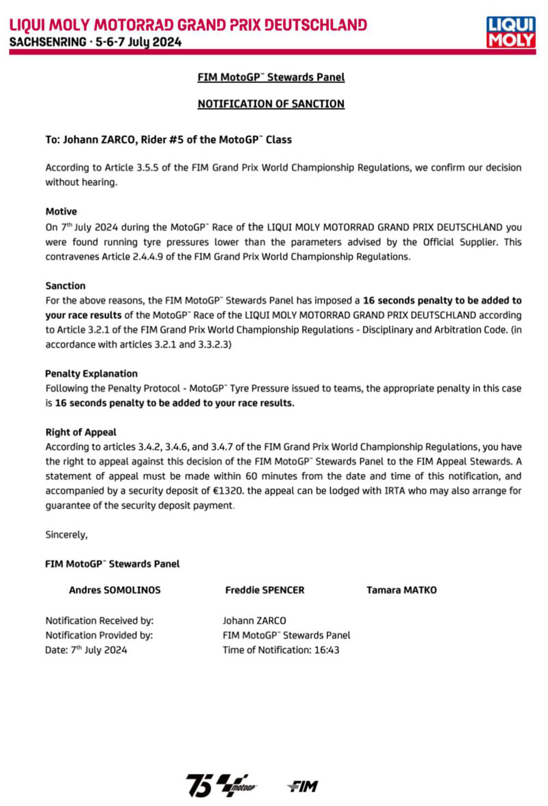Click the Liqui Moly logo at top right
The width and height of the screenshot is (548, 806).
pos(510,32)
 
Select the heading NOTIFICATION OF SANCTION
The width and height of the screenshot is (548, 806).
pos(271,104)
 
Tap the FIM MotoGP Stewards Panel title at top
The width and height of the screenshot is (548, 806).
pos(271,77)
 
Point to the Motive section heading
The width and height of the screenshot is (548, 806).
pos(61,212)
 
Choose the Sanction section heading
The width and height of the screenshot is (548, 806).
pos(65,285)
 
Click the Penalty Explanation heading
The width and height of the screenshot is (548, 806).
pos(91,374)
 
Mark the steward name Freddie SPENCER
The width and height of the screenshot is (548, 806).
pos(264,590)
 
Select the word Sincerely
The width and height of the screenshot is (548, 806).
pos(66,534)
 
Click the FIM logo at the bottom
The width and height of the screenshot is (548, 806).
pos(302,785)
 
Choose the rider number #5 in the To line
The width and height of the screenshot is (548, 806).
pos(175,139)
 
